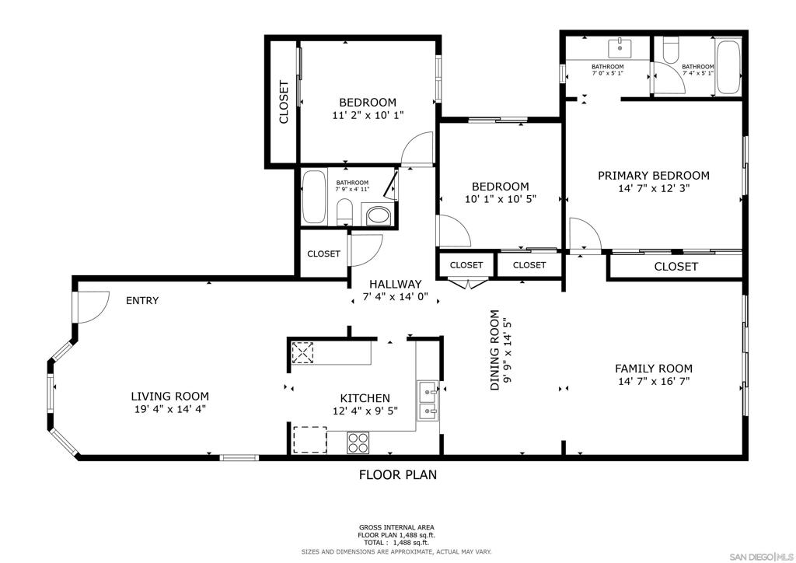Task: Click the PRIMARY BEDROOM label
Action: (653, 176)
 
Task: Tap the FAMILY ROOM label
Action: (653, 369)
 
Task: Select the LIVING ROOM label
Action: (169, 397)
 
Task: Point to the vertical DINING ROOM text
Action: (494, 350)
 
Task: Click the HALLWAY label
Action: (395, 285)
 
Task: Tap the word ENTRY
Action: (142, 300)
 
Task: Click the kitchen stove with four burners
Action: (358, 442)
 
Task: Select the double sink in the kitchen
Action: (428, 400)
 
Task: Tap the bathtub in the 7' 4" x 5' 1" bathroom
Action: (728, 67)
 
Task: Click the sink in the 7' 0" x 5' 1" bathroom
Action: (620, 48)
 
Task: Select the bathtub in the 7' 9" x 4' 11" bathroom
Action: (314, 197)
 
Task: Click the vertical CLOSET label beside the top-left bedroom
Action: (283, 102)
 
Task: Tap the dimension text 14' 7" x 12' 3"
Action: (654, 189)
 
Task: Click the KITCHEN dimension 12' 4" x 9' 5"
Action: (365, 411)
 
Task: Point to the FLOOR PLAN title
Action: (398, 474)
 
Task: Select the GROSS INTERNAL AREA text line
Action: (396, 527)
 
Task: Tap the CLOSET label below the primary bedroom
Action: (676, 267)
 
